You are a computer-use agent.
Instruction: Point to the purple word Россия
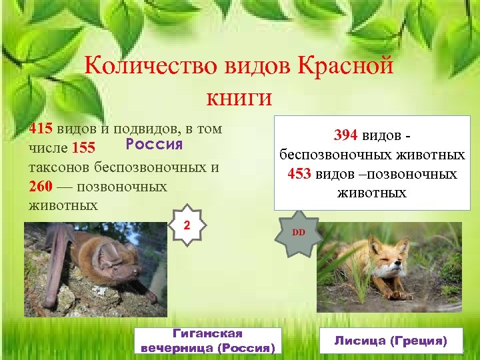pos(154,144)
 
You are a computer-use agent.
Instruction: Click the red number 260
pos(41,187)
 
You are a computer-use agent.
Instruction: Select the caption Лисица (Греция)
pos(389,340)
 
